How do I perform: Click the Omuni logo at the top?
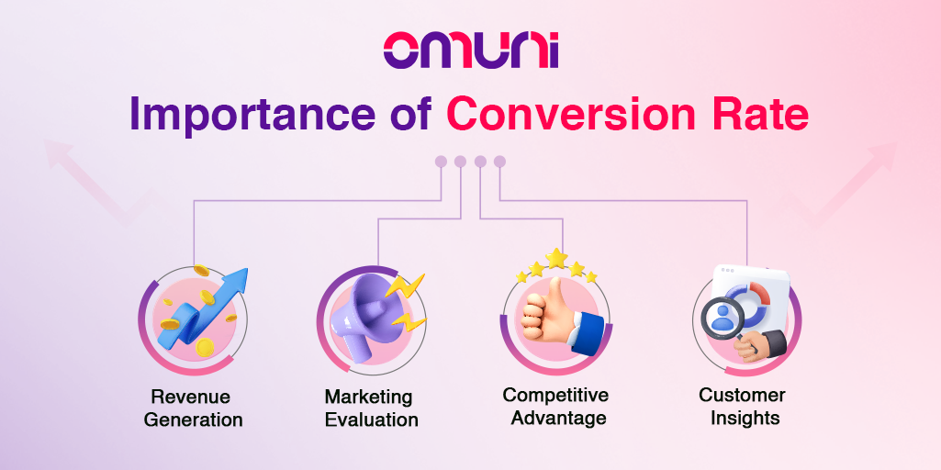point(471,50)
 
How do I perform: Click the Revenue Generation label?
point(193,408)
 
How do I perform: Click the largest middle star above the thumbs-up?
point(556,259)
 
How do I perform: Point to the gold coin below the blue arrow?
point(206,346)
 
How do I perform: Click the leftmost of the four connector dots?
point(441,162)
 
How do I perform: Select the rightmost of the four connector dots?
point(499,162)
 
